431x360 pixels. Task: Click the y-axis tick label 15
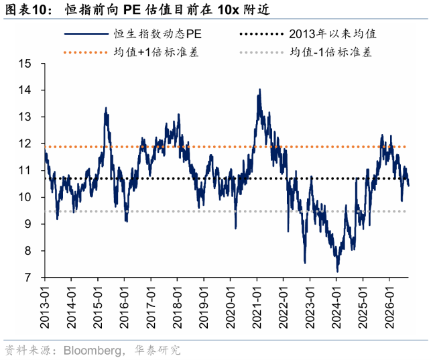pyautogui.click(x=24, y=64)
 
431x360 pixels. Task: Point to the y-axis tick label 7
pyautogui.click(x=28, y=278)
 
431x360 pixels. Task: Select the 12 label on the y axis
pyautogui.click(x=24, y=143)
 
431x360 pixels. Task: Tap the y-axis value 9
pyautogui.click(x=28, y=224)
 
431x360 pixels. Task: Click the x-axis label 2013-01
pyautogui.click(x=45, y=307)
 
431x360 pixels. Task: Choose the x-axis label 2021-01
pyautogui.click(x=257, y=307)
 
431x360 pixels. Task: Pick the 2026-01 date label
pyautogui.click(x=389, y=307)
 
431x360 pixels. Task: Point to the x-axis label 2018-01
pyautogui.click(x=178, y=307)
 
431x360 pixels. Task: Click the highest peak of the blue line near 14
pyautogui.click(x=260, y=89)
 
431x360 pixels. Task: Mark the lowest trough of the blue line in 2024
pyautogui.click(x=337, y=272)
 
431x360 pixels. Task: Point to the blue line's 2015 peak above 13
pyautogui.click(x=106, y=108)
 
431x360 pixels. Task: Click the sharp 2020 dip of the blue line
pyautogui.click(x=235, y=228)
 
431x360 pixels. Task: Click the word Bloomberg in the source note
pyautogui.click(x=92, y=351)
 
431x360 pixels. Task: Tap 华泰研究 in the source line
pyautogui.click(x=158, y=350)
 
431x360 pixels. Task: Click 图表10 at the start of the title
pyautogui.click(x=25, y=10)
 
